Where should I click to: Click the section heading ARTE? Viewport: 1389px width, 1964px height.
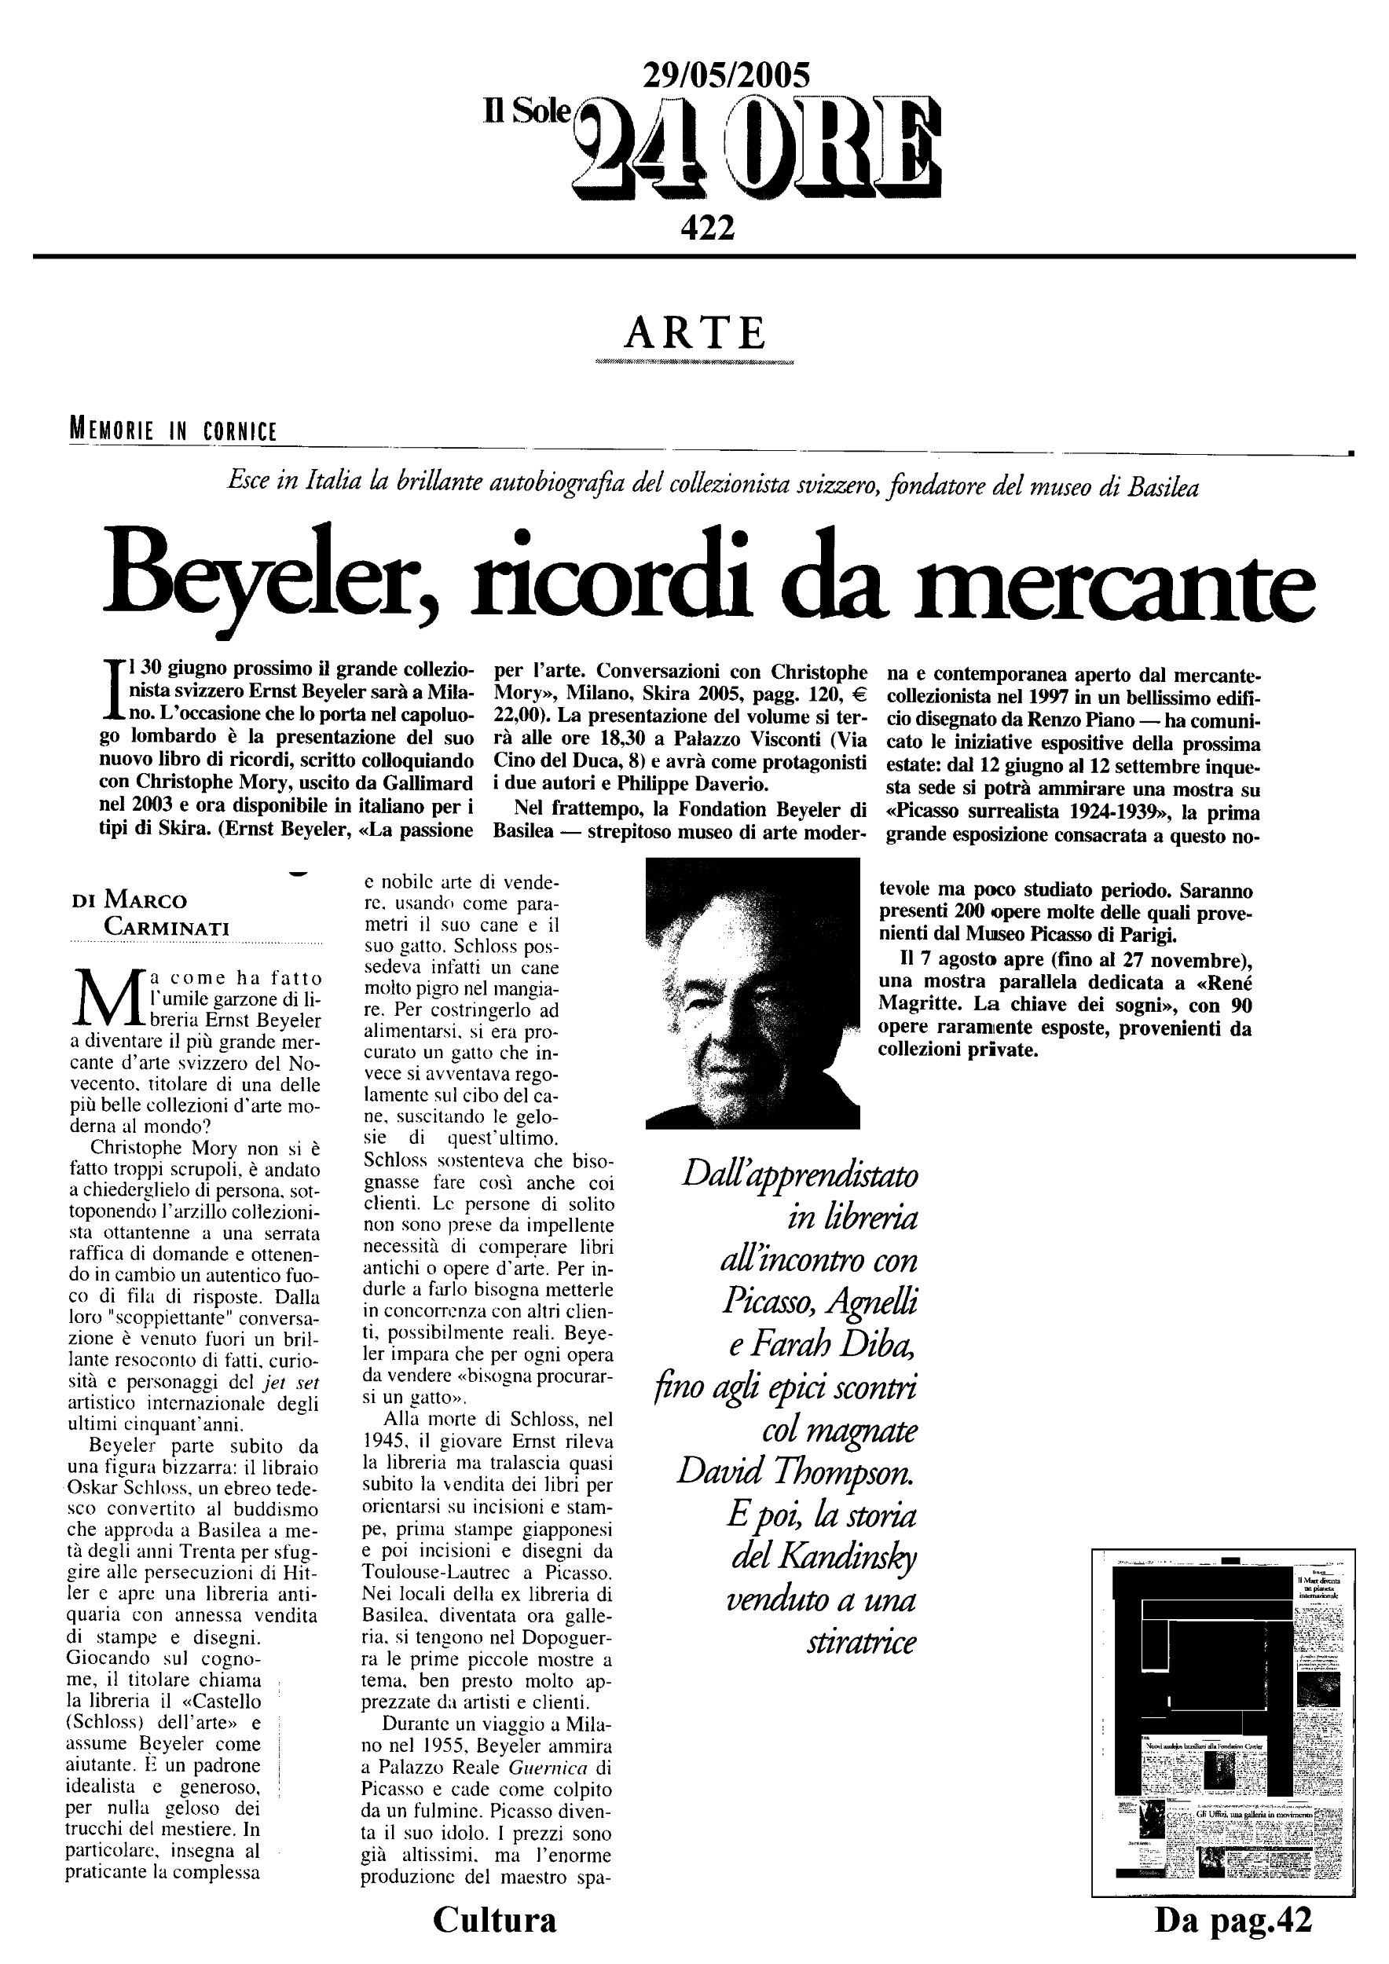click(x=694, y=333)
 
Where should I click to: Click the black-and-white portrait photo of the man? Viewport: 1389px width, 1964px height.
click(x=752, y=992)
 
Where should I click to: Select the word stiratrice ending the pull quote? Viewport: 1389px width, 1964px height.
click(x=861, y=1643)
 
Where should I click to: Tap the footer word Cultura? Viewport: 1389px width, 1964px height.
click(x=494, y=1918)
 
